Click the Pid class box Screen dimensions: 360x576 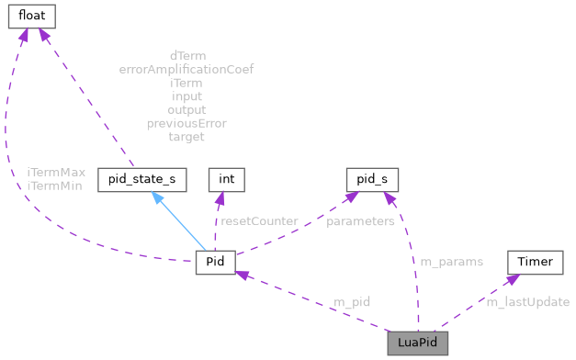pos(216,263)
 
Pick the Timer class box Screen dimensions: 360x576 pos(535,263)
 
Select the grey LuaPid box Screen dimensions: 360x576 pos(417,342)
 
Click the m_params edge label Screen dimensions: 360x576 pos(451,262)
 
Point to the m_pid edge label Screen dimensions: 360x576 pos(351,302)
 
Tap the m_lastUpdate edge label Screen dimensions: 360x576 pos(527,302)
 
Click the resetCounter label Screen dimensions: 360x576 pos(259,220)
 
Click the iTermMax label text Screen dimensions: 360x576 pos(55,172)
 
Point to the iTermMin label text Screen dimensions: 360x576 pos(54,185)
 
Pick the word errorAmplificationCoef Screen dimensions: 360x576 pos(186,69)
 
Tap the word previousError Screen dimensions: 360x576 pos(186,123)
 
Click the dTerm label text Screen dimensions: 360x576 pos(186,55)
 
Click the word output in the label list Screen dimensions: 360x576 pos(186,109)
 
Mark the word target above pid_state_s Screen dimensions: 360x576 pos(186,137)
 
